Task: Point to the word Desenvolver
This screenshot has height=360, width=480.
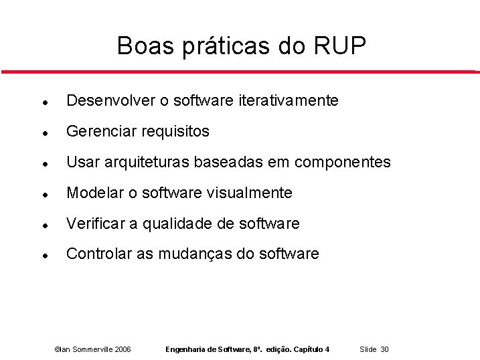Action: pyautogui.click(x=110, y=100)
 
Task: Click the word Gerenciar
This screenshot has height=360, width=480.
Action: pyautogui.click(x=100, y=131)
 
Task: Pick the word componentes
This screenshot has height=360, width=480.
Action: pyautogui.click(x=342, y=163)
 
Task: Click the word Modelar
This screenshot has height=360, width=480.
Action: pyautogui.click(x=95, y=193)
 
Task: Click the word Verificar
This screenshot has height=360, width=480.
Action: pyautogui.click(x=97, y=223)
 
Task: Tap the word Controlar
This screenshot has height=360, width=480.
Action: pyautogui.click(x=99, y=254)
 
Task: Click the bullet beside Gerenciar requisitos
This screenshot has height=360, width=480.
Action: pyautogui.click(x=43, y=132)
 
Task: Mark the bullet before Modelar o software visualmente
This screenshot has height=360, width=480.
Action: pyautogui.click(x=43, y=193)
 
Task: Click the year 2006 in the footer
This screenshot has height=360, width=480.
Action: pyautogui.click(x=123, y=349)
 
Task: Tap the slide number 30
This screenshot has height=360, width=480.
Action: pyautogui.click(x=385, y=349)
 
